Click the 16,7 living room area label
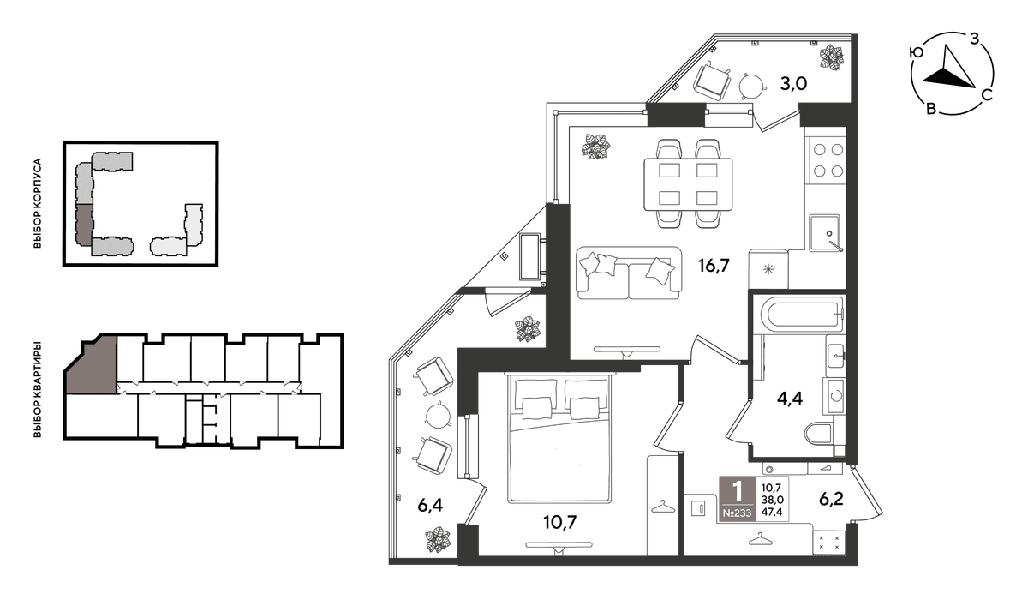[714, 266]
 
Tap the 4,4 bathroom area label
[790, 398]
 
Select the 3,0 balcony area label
[793, 84]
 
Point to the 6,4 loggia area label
[430, 505]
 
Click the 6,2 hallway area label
[831, 499]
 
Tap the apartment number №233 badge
[737, 513]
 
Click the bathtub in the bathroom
[802, 315]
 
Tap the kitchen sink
[826, 233]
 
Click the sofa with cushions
[629, 273]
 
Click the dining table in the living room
[687, 184]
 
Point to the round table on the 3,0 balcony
[752, 86]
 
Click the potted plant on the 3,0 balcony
[832, 57]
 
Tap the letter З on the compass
[974, 40]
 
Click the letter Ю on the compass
[916, 53]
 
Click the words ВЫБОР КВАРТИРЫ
[37, 389]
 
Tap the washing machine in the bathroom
[834, 396]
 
